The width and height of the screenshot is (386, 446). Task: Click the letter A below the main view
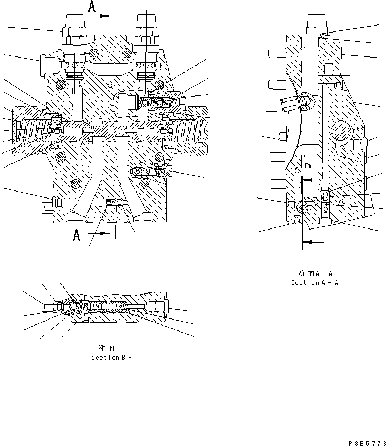point(77,235)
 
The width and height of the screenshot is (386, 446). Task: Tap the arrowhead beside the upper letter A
point(105,16)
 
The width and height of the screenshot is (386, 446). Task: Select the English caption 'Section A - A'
point(314,283)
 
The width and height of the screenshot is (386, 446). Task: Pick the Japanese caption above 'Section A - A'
point(314,273)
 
